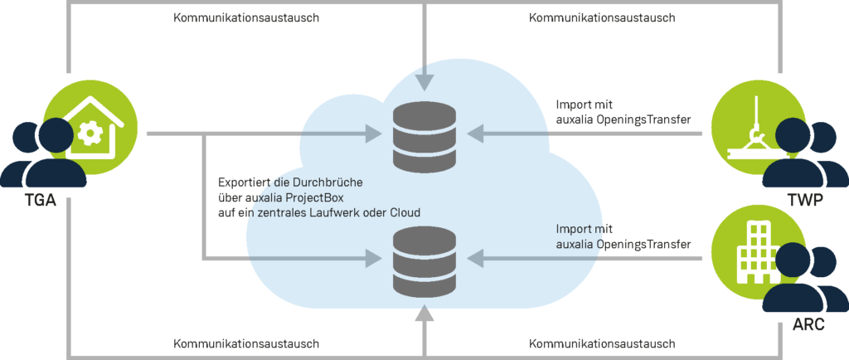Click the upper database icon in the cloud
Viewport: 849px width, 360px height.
424,134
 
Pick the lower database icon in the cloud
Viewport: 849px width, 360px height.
424,260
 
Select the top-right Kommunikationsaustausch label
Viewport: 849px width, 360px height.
601,17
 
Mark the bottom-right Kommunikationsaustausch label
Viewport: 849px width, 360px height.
601,343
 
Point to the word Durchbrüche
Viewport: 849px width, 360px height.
342,182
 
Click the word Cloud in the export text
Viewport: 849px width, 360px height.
402,212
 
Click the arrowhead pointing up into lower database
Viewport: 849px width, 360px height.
424,314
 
